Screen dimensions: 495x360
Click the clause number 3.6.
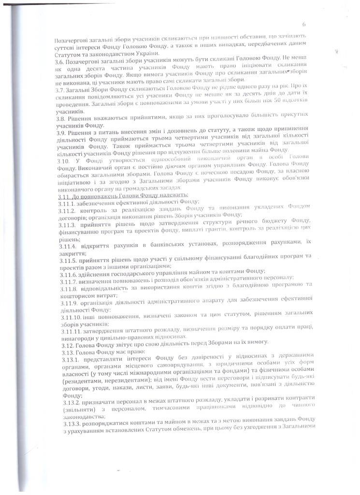click(59, 63)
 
